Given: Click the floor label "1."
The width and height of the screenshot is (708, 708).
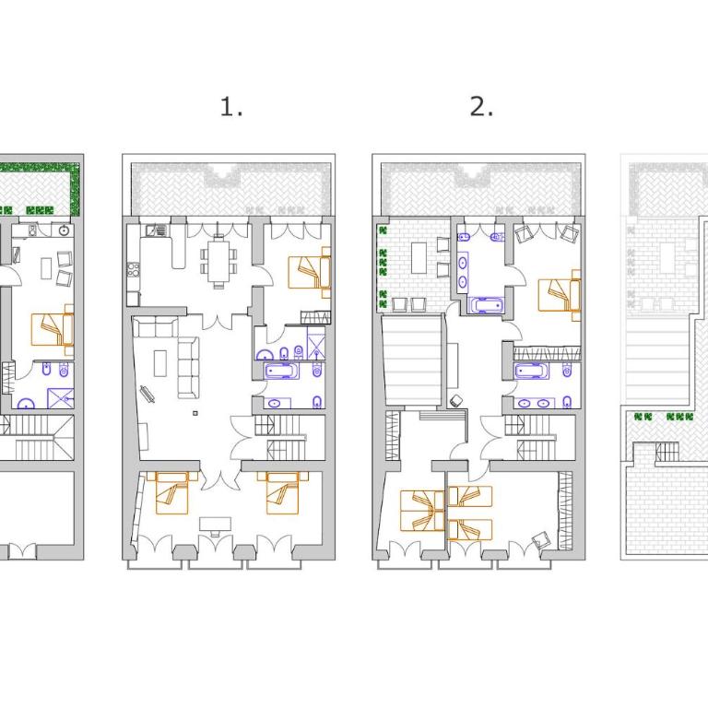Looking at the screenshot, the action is point(231,107).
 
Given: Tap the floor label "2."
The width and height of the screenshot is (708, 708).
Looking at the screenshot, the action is point(481,107).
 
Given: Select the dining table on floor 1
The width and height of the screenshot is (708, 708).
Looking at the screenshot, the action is point(218,261).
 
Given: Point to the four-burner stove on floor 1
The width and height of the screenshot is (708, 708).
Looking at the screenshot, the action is point(133,269).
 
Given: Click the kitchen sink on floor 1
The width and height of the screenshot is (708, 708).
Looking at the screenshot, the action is point(156,230).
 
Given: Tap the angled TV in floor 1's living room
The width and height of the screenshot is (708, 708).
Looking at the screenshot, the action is point(147,394).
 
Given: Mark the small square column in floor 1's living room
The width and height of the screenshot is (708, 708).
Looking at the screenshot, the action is point(195,413).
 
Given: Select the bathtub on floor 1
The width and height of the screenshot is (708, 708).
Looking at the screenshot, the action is point(282,372).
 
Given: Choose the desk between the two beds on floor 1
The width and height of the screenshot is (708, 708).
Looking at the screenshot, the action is point(216,524).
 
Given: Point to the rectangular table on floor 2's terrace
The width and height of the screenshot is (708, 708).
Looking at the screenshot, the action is point(419,258).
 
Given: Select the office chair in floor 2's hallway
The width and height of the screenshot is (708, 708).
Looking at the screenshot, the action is point(457,400).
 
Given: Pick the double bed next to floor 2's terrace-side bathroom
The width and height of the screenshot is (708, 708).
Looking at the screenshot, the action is point(560,296).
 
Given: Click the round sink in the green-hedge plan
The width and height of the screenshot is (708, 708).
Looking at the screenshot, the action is point(65,230).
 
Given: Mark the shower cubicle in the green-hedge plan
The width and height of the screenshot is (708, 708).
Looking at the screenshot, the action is point(61,398).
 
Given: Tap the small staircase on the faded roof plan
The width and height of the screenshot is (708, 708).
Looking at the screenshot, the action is point(667,452).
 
